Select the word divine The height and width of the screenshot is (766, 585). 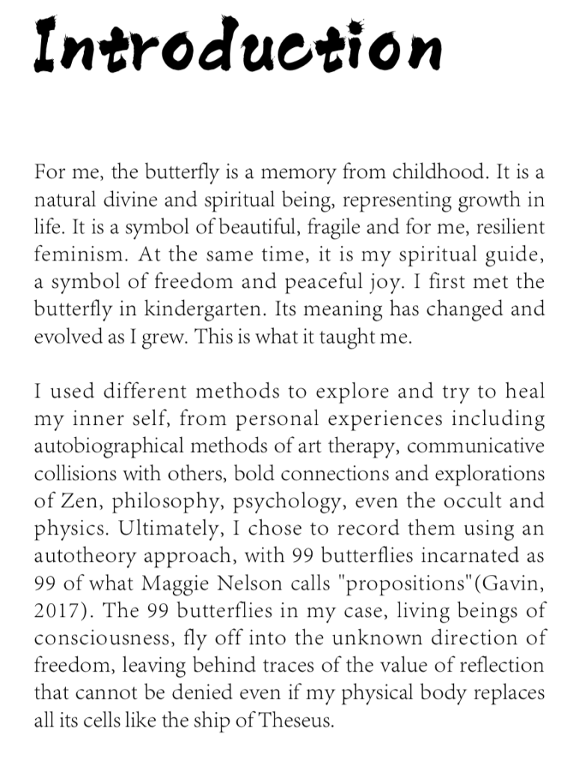tap(126, 200)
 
